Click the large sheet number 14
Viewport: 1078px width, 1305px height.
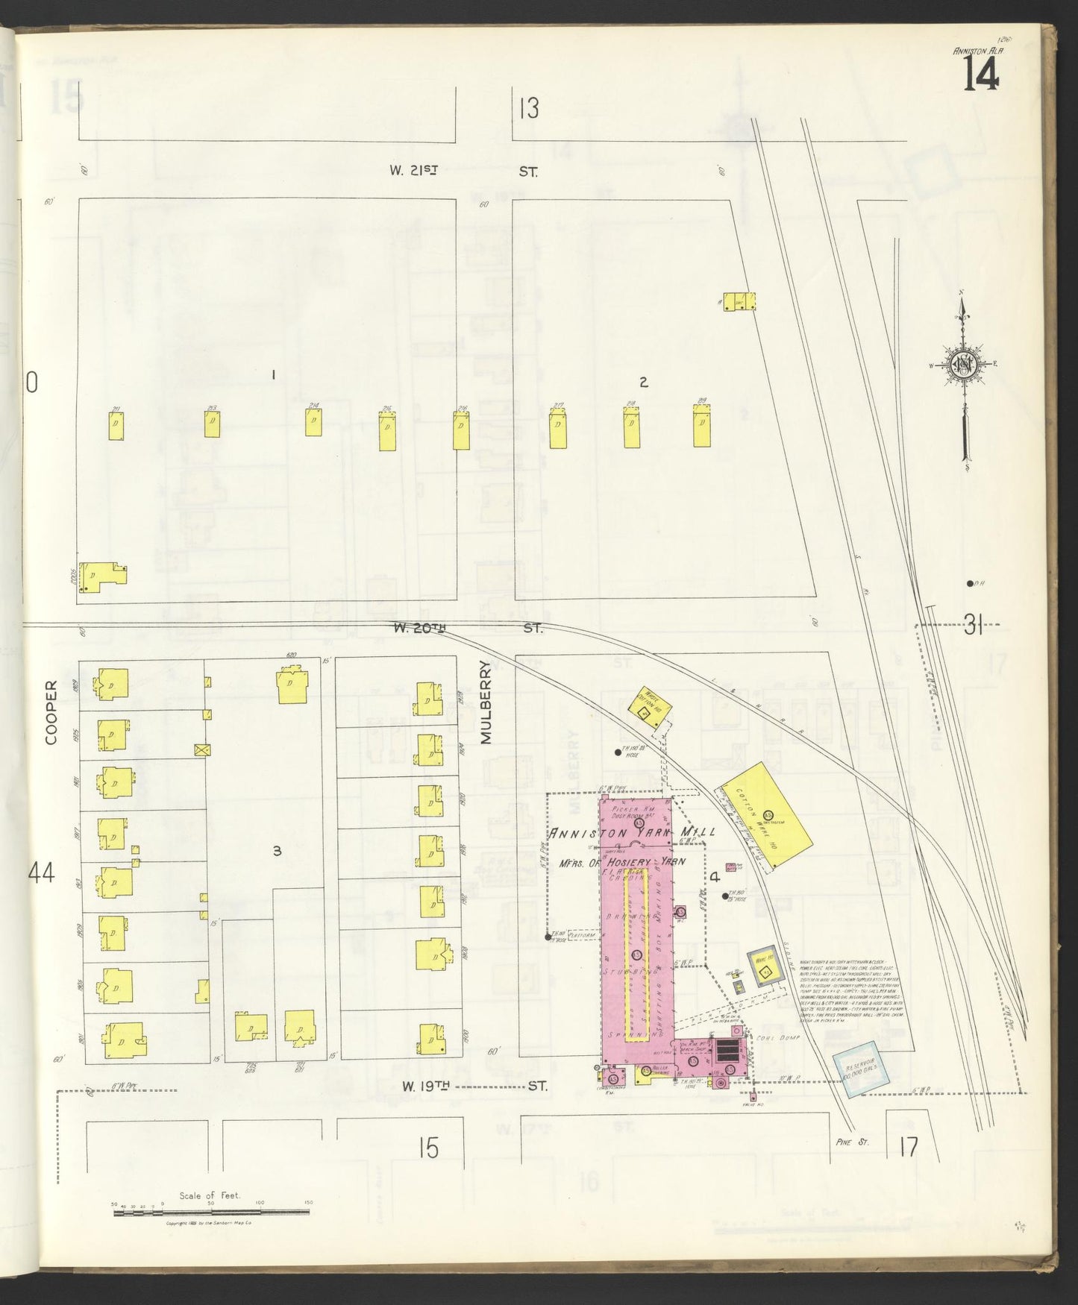tap(981, 75)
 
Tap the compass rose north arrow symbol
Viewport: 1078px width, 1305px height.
tap(963, 365)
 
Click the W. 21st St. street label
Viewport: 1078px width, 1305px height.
tap(463, 171)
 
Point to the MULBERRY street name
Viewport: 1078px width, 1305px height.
tap(487, 702)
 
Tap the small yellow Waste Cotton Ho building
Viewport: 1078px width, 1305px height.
tap(646, 703)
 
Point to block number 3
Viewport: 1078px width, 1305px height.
tap(277, 850)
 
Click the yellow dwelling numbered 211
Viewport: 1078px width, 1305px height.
tap(116, 426)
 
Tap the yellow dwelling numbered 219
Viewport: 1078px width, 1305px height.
tap(701, 427)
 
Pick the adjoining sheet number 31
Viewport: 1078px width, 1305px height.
tap(974, 627)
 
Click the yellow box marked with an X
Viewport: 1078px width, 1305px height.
tap(200, 749)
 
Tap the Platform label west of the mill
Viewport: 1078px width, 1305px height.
tap(582, 934)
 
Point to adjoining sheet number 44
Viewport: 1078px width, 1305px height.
tap(41, 872)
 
